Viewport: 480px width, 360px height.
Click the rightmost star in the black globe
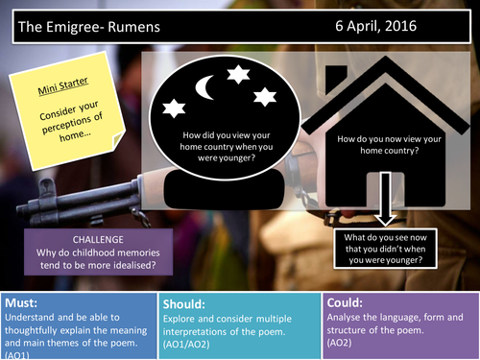265,96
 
